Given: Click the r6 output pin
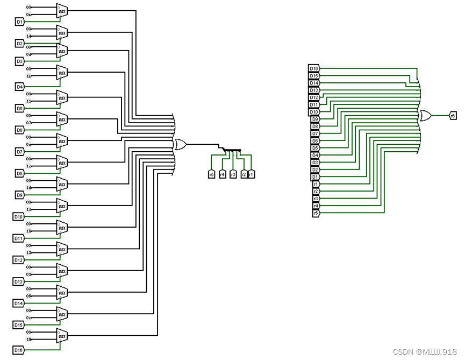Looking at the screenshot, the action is click(x=453, y=115).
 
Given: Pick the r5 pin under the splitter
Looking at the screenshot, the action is click(x=211, y=174).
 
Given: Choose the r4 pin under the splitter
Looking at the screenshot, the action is click(x=223, y=174).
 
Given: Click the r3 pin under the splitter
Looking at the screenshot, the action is click(x=233, y=174).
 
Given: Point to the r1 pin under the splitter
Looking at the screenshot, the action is click(x=251, y=174).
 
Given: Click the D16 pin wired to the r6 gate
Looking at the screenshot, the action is click(x=314, y=68).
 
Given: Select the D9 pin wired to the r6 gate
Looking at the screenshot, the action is click(x=315, y=119).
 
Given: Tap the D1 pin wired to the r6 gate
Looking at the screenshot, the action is click(x=315, y=177).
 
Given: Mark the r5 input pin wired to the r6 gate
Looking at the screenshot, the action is click(x=316, y=213).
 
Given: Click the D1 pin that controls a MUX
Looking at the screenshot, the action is click(x=19, y=22).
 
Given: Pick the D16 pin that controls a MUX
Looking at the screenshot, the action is click(x=19, y=350).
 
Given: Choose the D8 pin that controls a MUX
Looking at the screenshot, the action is click(x=19, y=173).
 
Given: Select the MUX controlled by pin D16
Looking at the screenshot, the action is click(x=62, y=337).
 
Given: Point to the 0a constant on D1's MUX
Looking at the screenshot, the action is click(x=30, y=14).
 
